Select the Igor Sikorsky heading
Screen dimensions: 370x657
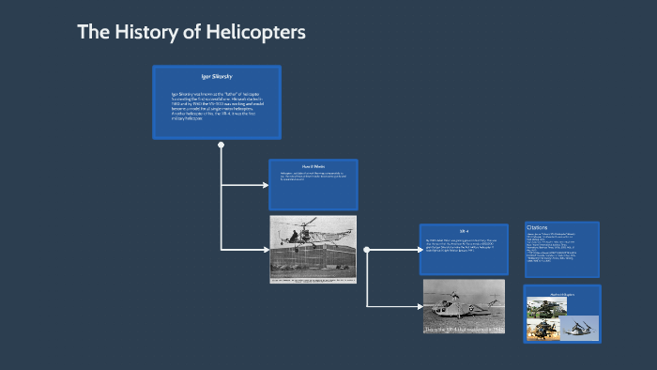click(217, 75)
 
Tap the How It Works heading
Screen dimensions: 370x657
click(313, 166)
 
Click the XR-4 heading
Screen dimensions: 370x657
click(464, 231)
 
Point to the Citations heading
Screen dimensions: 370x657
click(538, 227)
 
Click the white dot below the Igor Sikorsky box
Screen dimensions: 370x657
click(222, 145)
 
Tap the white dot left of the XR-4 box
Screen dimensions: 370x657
click(367, 250)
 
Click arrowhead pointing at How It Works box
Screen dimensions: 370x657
click(265, 185)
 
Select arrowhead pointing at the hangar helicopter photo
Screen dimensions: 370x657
click(265, 250)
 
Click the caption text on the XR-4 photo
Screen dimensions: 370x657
click(464, 330)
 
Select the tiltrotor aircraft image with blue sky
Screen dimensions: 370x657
click(577, 326)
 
